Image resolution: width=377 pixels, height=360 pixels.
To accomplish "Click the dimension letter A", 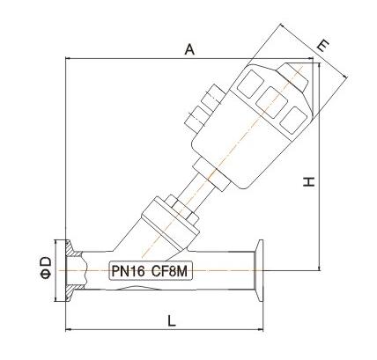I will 188,50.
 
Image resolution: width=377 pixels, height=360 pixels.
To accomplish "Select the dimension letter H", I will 307,182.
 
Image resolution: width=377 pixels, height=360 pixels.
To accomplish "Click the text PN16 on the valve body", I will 128,271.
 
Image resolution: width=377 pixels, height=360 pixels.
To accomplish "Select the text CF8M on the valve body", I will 167,271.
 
